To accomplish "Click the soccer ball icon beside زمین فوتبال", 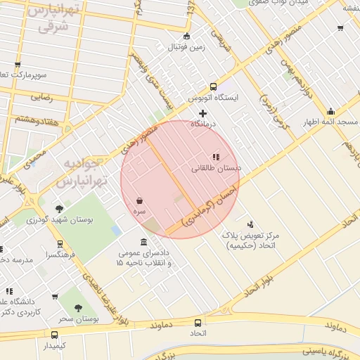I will point(186,37).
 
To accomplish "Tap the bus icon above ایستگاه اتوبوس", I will point(214,86).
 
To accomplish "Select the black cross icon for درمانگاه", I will point(203,112).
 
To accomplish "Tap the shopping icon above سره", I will point(140,200).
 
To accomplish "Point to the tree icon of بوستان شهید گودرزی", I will point(59,209).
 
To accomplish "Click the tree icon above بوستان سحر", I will point(78,308).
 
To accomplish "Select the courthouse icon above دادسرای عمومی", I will point(144,241).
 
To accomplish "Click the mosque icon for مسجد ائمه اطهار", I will point(330,111).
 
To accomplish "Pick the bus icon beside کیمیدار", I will point(54,335).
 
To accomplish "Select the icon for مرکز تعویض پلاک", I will point(250,224).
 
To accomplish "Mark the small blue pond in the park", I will point(117,231).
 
